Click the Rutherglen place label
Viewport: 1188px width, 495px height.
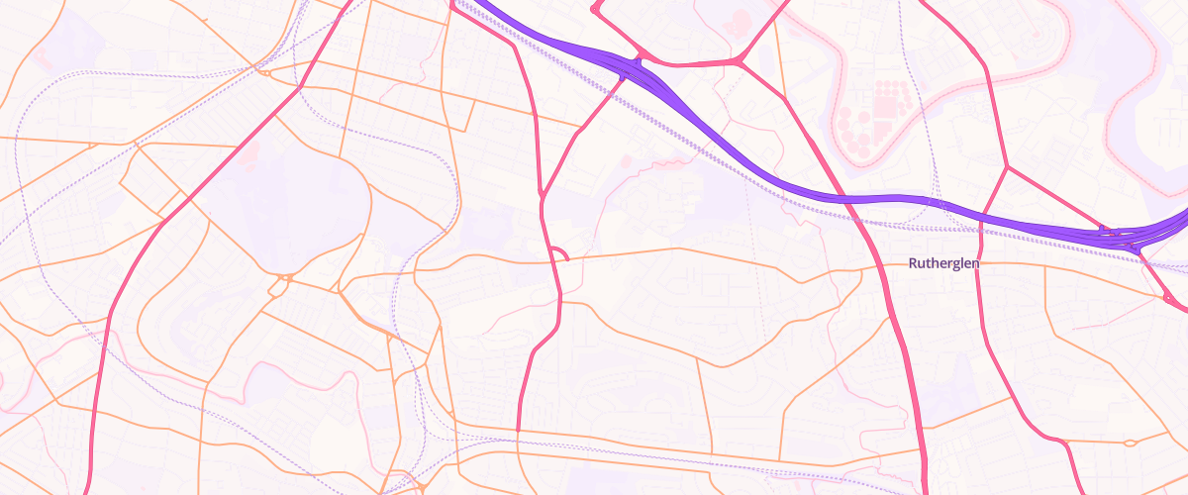[943, 263]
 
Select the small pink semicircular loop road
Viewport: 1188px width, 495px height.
[558, 254]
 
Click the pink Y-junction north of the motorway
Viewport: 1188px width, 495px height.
[740, 62]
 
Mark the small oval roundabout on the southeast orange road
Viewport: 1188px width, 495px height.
[1130, 443]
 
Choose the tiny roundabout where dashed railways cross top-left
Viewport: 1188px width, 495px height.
[265, 71]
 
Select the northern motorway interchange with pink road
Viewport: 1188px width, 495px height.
[634, 67]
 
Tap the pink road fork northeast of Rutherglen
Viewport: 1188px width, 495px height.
[1007, 167]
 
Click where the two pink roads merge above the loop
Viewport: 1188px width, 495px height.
[542, 193]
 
